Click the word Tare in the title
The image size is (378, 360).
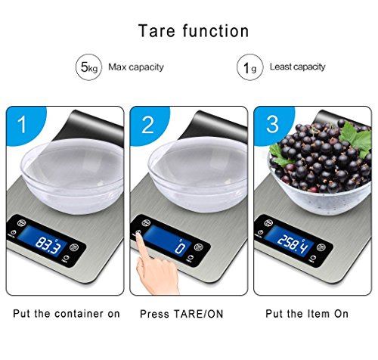tap(156, 31)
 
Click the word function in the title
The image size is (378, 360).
tap(215, 31)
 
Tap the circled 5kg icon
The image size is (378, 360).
tap(88, 67)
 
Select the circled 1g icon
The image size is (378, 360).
tap(250, 67)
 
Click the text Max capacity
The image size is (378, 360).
tap(136, 67)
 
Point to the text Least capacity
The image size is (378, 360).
tap(298, 67)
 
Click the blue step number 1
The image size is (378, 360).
tap(22, 125)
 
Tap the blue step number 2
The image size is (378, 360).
tap(147, 125)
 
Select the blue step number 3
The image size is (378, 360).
tap(272, 124)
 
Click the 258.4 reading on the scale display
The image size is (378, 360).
tap(293, 244)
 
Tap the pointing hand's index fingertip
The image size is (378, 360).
tap(138, 234)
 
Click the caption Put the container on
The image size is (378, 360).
tap(67, 314)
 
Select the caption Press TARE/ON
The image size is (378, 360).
tap(181, 314)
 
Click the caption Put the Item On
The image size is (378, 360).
tap(307, 314)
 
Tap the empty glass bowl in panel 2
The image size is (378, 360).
tap(198, 175)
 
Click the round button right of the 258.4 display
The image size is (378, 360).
tap(321, 247)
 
